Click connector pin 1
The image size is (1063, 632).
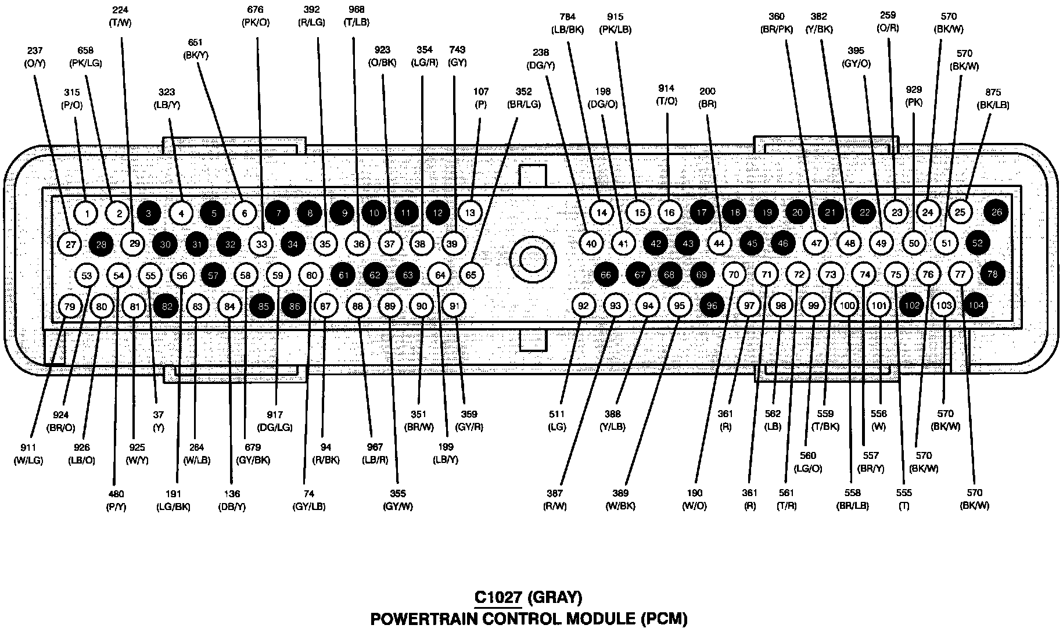tap(87, 213)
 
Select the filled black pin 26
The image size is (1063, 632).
tap(997, 212)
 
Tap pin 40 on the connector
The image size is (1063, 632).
tap(591, 243)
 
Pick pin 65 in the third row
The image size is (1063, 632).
tap(471, 274)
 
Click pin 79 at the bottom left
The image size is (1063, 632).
tap(70, 306)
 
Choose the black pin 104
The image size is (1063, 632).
tap(976, 305)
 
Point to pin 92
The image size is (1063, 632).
tap(584, 306)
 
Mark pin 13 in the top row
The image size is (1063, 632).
tap(470, 213)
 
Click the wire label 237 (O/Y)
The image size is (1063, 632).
tap(35, 57)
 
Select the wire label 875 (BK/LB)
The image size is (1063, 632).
tap(993, 99)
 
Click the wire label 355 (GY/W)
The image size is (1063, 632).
tap(398, 500)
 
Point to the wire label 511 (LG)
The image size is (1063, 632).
tap(557, 421)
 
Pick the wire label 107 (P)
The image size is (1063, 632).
tap(481, 98)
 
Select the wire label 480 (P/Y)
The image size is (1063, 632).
tap(116, 500)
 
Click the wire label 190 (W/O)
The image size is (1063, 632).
tap(695, 500)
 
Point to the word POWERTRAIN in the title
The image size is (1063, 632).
tap(426, 619)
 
